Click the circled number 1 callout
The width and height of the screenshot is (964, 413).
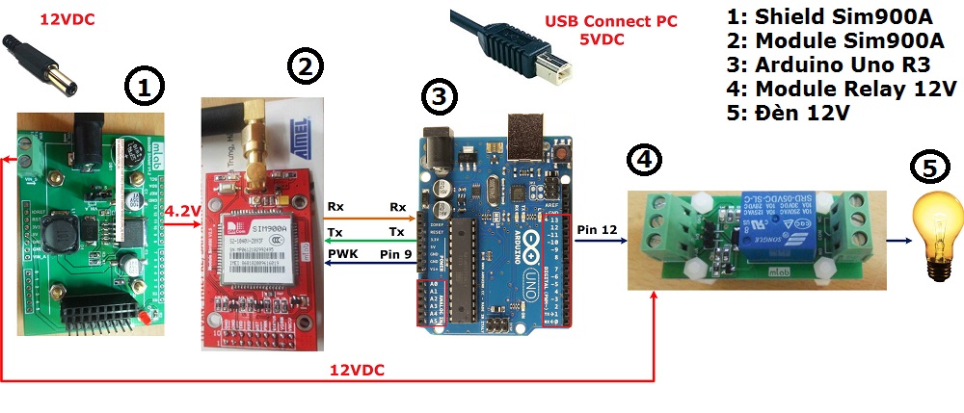coord(144,90)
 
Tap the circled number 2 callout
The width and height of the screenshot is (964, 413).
coord(305,66)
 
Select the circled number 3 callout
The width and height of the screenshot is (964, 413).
coord(440,96)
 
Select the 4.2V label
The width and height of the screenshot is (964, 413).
coord(181,212)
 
